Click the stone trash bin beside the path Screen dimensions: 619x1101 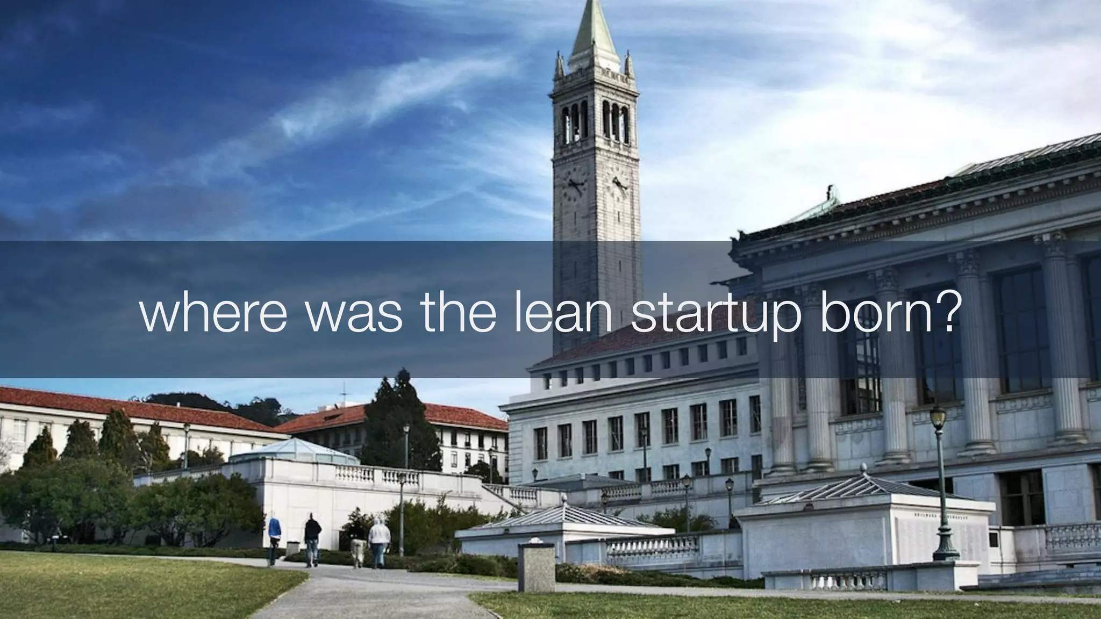536,566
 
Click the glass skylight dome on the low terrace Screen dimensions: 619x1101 295,452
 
